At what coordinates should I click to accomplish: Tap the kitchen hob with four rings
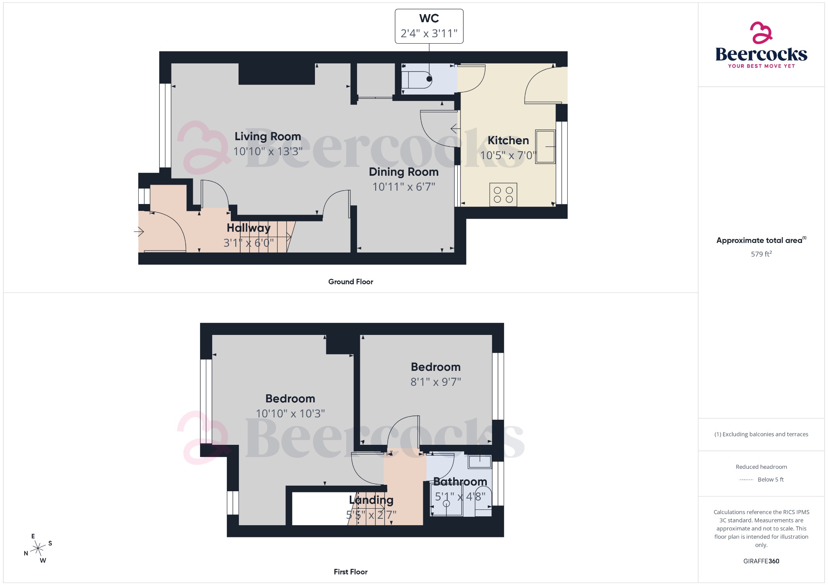503,195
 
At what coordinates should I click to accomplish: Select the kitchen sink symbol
545,147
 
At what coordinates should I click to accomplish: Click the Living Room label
268,137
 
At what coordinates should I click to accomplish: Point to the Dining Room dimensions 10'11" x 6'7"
403,187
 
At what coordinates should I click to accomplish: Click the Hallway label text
248,228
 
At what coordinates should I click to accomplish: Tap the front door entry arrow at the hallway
139,231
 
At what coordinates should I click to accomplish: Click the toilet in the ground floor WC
416,80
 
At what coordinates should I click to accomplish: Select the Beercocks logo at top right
761,45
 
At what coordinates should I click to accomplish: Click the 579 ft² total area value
761,254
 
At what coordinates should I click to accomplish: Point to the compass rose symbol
38,548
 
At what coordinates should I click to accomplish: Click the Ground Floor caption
351,282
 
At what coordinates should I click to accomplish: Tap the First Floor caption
351,572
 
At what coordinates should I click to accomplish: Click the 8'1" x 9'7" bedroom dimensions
435,382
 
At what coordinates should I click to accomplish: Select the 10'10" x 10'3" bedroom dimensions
290,413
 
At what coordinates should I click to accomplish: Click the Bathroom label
460,482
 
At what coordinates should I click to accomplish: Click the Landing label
371,500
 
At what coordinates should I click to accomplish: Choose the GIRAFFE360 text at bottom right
761,561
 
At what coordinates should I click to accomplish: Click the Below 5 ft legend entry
770,480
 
